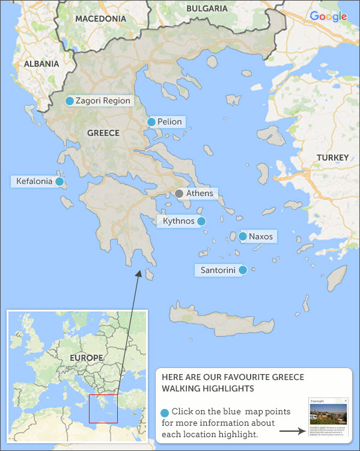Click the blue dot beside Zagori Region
click(x=70, y=101)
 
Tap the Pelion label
click(x=169, y=122)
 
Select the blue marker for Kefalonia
click(x=59, y=181)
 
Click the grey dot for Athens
click(x=178, y=194)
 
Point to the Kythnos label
click(x=178, y=221)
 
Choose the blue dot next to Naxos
click(x=242, y=236)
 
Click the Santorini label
click(x=217, y=270)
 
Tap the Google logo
click(x=329, y=16)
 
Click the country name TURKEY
click(x=332, y=158)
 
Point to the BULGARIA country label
click(x=207, y=8)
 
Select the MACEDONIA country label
click(x=100, y=19)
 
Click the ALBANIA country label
click(x=41, y=64)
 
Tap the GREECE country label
click(x=103, y=133)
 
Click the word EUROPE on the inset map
click(x=86, y=358)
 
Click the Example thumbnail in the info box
click(x=328, y=416)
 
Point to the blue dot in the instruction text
click(x=165, y=413)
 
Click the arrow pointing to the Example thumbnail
click(x=292, y=431)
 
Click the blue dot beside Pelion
click(x=151, y=122)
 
